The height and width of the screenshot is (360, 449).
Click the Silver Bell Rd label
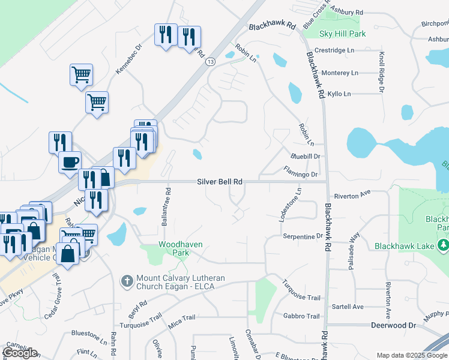[220, 181]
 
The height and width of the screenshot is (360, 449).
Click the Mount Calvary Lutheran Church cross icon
[127, 281]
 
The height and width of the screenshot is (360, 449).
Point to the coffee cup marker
[70, 161]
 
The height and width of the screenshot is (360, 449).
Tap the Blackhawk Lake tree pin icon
[443, 245]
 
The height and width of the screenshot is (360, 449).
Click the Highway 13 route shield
[210, 62]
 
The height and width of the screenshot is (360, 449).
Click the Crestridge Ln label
[334, 50]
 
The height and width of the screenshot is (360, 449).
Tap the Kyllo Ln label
[339, 94]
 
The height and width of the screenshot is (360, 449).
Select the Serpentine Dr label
[303, 236]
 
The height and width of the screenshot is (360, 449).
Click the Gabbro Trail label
[304, 316]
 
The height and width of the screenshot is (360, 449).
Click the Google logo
[20, 353]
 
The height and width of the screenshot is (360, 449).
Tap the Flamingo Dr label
[300, 175]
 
